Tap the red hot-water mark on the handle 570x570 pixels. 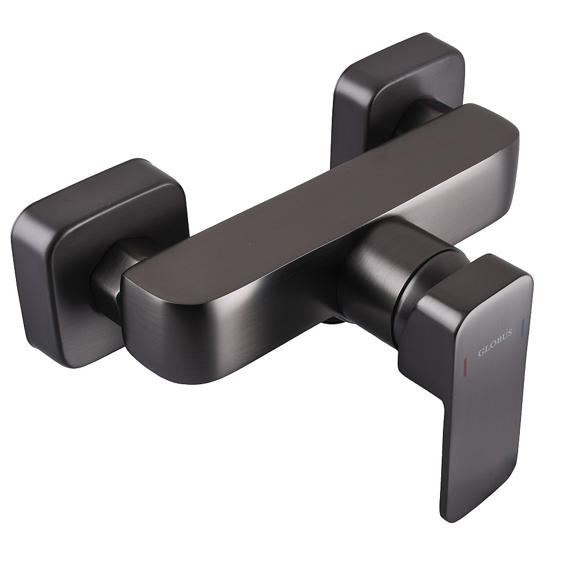coord(465,365)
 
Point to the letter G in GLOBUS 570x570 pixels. coord(481,352)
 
